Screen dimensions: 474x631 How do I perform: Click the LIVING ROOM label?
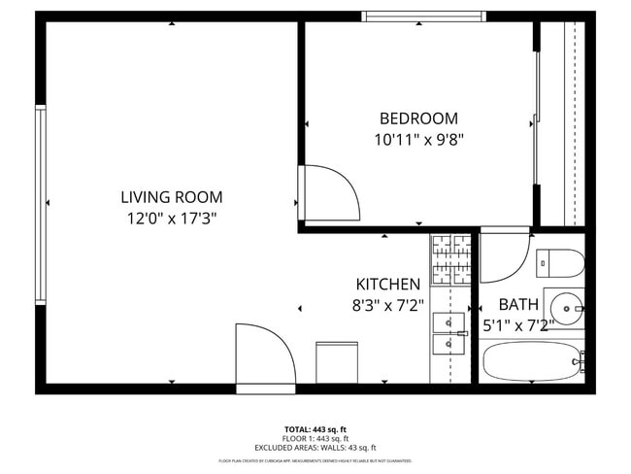coord(171,197)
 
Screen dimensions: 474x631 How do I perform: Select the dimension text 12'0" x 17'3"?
coord(171,219)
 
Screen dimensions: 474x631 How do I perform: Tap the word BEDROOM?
coord(418,118)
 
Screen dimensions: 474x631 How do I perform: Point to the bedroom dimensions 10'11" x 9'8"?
coord(418,139)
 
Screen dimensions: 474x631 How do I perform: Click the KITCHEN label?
coord(388,285)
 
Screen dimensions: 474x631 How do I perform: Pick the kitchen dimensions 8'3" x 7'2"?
coord(388,305)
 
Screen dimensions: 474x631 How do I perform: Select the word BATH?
coord(517,304)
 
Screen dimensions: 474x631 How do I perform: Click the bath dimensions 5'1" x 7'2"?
coord(519,325)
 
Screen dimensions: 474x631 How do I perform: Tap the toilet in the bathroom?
coord(560,262)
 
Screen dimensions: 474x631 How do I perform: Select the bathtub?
coord(533,364)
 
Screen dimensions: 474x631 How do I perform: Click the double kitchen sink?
coord(449,331)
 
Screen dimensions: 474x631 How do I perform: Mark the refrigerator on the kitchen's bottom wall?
coord(337,361)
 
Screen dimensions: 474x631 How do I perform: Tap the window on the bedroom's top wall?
coord(423,16)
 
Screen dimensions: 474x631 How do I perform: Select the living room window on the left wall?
coord(41,205)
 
